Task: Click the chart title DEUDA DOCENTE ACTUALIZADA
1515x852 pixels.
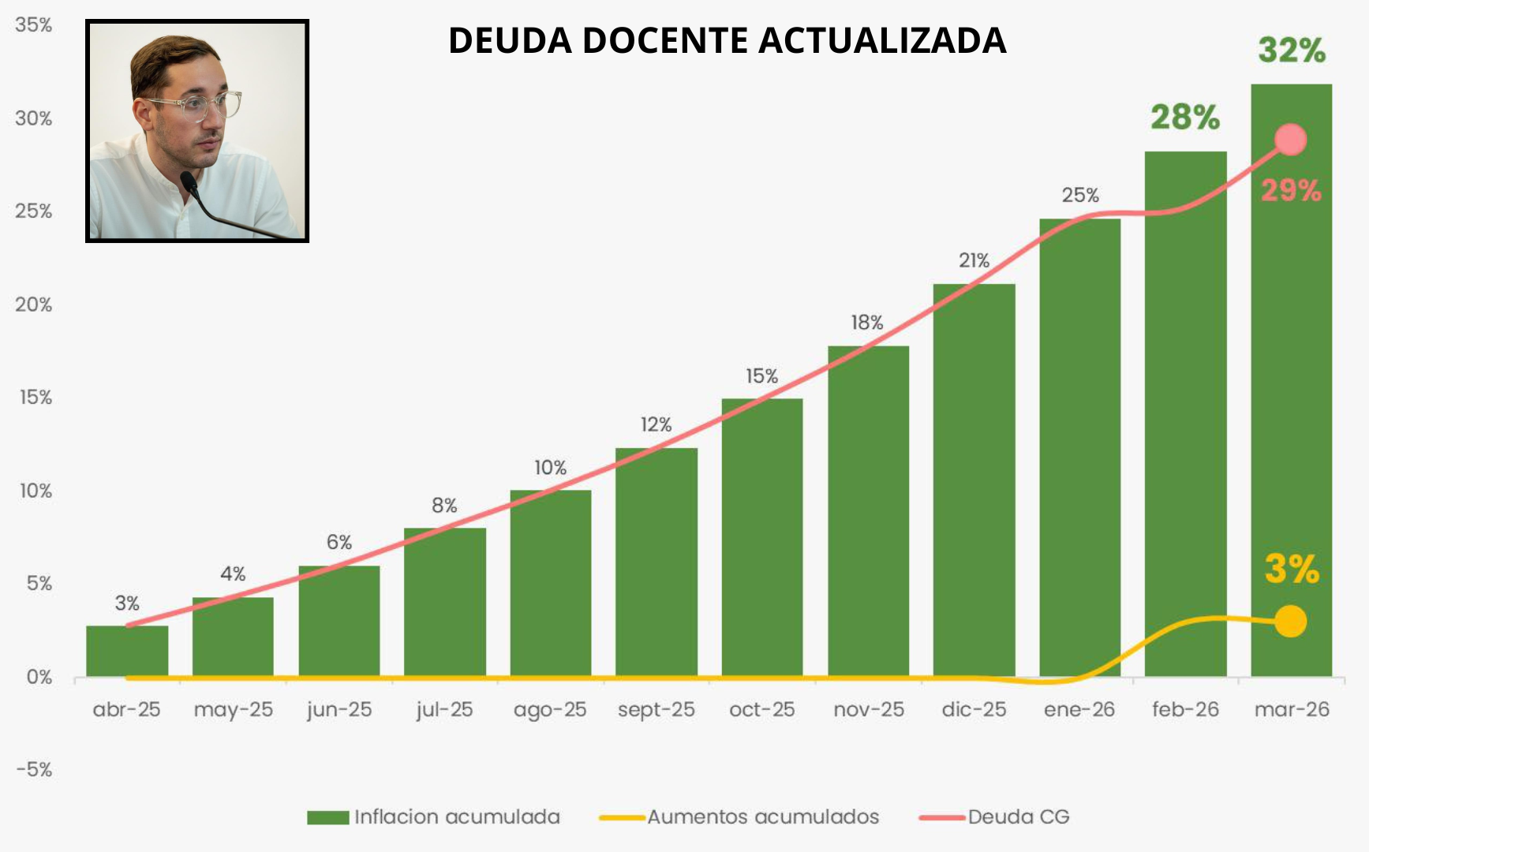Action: [727, 40]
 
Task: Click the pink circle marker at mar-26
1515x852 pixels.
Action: [1291, 140]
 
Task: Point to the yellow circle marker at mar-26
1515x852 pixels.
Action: [1291, 622]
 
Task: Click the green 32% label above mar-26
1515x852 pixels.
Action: [1292, 50]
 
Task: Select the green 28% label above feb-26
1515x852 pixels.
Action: [1185, 118]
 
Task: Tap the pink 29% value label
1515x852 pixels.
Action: [1291, 190]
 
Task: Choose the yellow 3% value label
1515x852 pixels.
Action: [1292, 569]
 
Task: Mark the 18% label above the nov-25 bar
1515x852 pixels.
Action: [867, 323]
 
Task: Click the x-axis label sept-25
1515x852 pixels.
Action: [656, 710]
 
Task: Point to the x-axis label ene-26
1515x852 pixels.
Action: [1079, 710]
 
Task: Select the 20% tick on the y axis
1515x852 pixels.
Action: [33, 305]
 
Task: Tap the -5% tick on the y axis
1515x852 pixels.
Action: [34, 769]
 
